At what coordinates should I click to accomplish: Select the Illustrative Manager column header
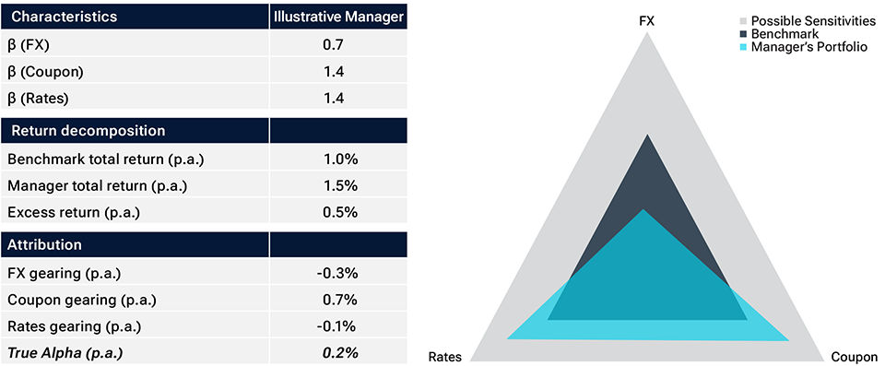click(x=338, y=16)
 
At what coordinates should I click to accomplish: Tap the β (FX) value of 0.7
click(x=338, y=44)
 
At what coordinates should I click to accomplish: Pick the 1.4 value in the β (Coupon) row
click(x=338, y=71)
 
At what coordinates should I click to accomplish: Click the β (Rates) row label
click(x=39, y=98)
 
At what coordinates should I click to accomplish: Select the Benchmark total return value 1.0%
click(x=338, y=159)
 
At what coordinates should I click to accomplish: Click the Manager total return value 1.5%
click(x=338, y=186)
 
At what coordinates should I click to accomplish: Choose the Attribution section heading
click(x=45, y=245)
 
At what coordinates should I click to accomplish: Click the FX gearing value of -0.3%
click(x=338, y=274)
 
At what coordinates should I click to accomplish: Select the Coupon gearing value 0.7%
click(x=338, y=300)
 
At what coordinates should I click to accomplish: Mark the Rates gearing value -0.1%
click(x=338, y=326)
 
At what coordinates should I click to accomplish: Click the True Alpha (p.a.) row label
click(x=65, y=352)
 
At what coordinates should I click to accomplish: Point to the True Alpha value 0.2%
click(x=338, y=352)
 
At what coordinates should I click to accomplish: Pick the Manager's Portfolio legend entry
click(x=802, y=46)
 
